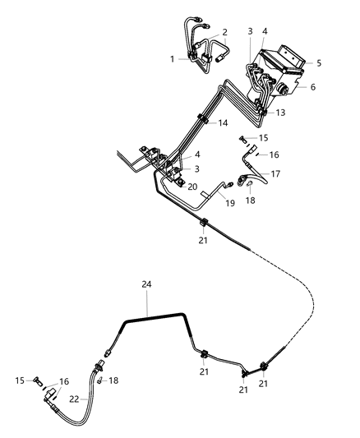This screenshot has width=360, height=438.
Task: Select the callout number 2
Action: (x=224, y=32)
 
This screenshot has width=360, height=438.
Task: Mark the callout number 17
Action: (x=275, y=173)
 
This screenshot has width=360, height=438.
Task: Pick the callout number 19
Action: (x=230, y=202)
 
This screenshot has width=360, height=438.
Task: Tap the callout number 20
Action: (x=192, y=187)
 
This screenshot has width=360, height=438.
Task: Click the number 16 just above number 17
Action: (x=275, y=154)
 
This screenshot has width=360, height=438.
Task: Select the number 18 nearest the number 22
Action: (x=113, y=380)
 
